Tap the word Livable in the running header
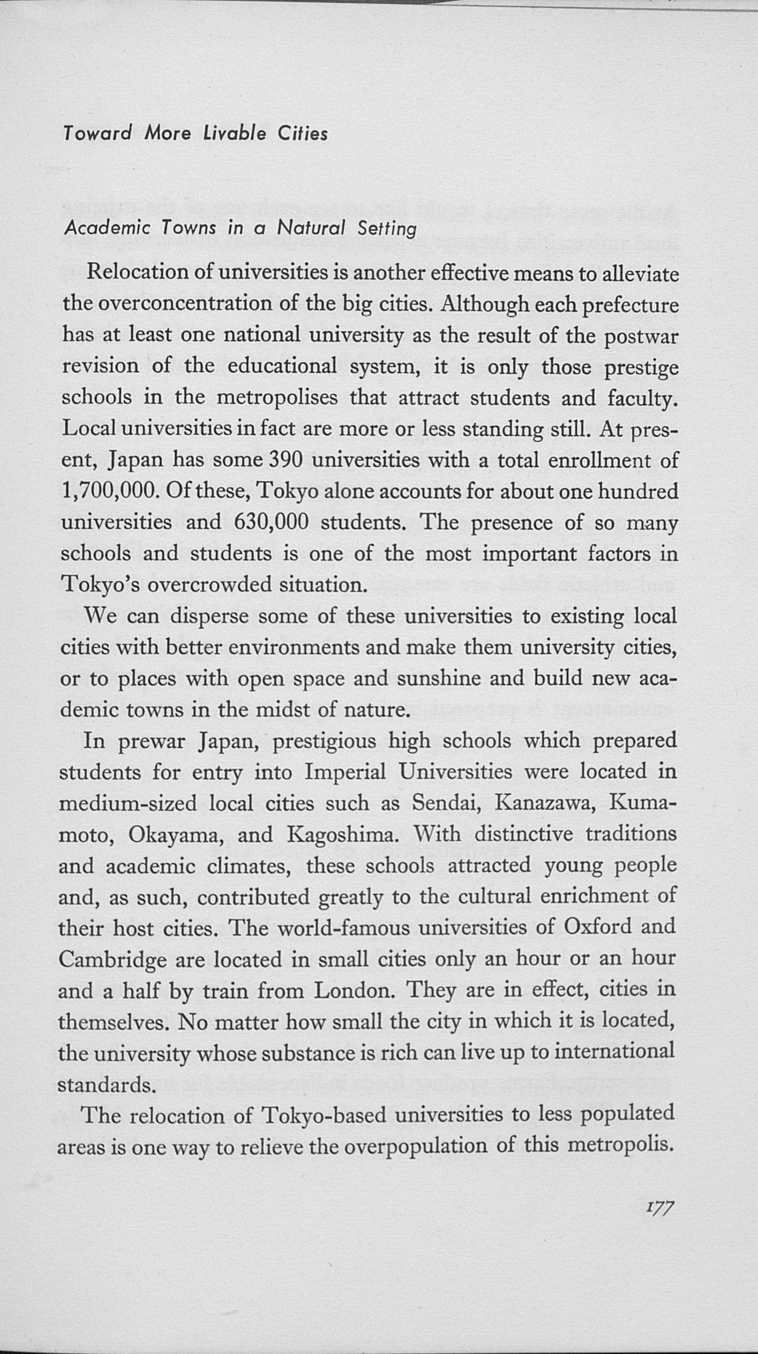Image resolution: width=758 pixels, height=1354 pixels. pyautogui.click(x=235, y=133)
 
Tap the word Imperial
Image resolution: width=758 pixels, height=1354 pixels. pyautogui.click(x=345, y=772)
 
